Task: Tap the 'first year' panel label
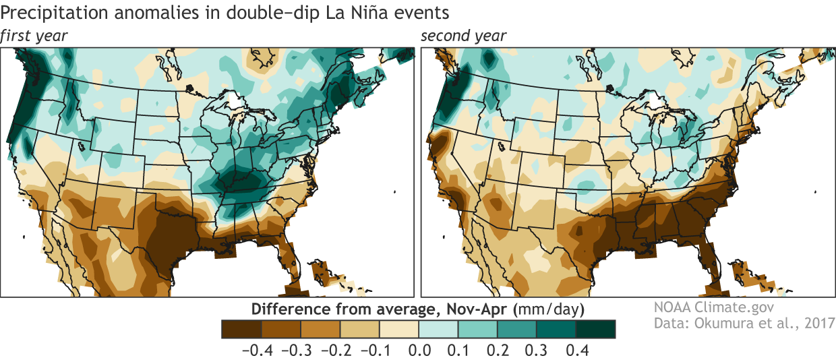[35, 36]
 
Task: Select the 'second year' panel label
[463, 36]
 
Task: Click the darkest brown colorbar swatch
[241, 328]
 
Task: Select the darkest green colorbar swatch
[597, 328]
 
